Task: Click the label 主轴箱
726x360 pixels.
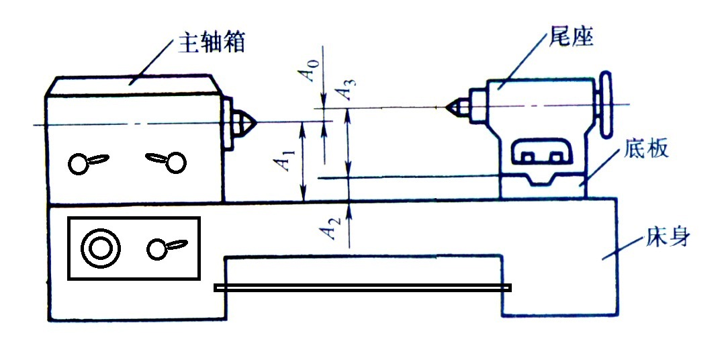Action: [x=210, y=44]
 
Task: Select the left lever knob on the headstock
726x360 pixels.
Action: [x=79, y=164]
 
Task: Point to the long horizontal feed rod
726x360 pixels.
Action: [x=363, y=287]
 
